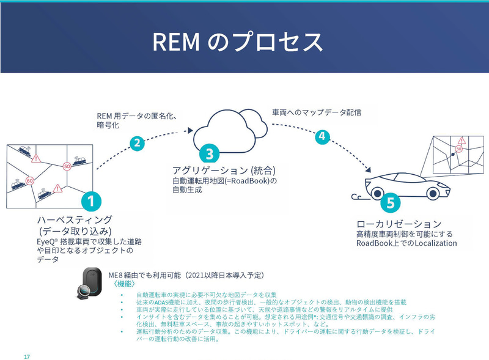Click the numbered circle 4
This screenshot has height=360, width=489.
pyautogui.click(x=322, y=137)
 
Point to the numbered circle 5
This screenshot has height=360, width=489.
pyautogui.click(x=391, y=202)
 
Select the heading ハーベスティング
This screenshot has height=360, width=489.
pyautogui.click(x=75, y=219)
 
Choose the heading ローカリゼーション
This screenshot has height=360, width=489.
pyautogui.click(x=399, y=224)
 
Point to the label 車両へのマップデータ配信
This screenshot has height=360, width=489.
pyautogui.click(x=317, y=112)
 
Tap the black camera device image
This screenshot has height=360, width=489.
pyautogui.click(x=92, y=286)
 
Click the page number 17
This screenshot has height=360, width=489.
pyautogui.click(x=26, y=356)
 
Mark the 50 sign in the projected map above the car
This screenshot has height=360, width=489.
pyautogui.click(x=458, y=148)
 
